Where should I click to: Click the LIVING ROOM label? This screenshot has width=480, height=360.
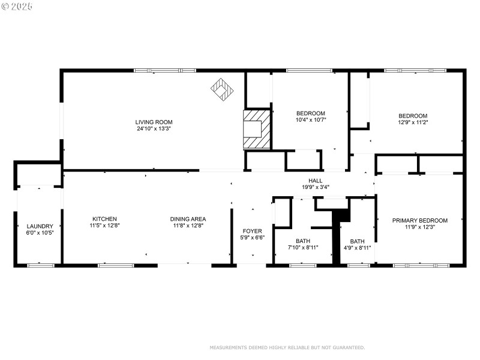pyautogui.click(x=154, y=122)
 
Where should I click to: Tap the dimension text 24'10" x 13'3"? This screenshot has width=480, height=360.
pyautogui.click(x=154, y=128)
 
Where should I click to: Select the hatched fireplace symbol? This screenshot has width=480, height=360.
pyautogui.click(x=257, y=128)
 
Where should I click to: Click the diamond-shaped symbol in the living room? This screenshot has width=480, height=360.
pyautogui.click(x=222, y=89)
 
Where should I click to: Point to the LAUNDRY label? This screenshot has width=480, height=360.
pyautogui.click(x=40, y=226)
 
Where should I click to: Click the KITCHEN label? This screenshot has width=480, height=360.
pyautogui.click(x=104, y=219)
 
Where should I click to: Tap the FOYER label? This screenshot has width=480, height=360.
pyautogui.click(x=252, y=231)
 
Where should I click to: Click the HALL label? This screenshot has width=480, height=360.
pyautogui.click(x=316, y=181)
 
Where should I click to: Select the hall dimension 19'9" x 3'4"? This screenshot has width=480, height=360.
pyautogui.click(x=316, y=187)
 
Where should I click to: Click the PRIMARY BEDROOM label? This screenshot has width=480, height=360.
pyautogui.click(x=420, y=221)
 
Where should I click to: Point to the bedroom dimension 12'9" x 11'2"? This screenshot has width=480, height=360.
pyautogui.click(x=413, y=122)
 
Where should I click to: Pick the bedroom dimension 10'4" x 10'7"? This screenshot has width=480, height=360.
pyautogui.click(x=311, y=120)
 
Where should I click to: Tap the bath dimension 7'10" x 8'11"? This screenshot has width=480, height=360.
pyautogui.click(x=303, y=247)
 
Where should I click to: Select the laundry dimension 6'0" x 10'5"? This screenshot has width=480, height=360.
pyautogui.click(x=40, y=233)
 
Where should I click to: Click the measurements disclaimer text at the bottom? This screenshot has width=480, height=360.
pyautogui.click(x=287, y=347)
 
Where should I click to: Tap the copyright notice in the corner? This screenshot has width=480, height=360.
pyautogui.click(x=17, y=6)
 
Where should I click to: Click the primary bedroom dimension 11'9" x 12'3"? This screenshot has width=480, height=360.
pyautogui.click(x=420, y=227)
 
